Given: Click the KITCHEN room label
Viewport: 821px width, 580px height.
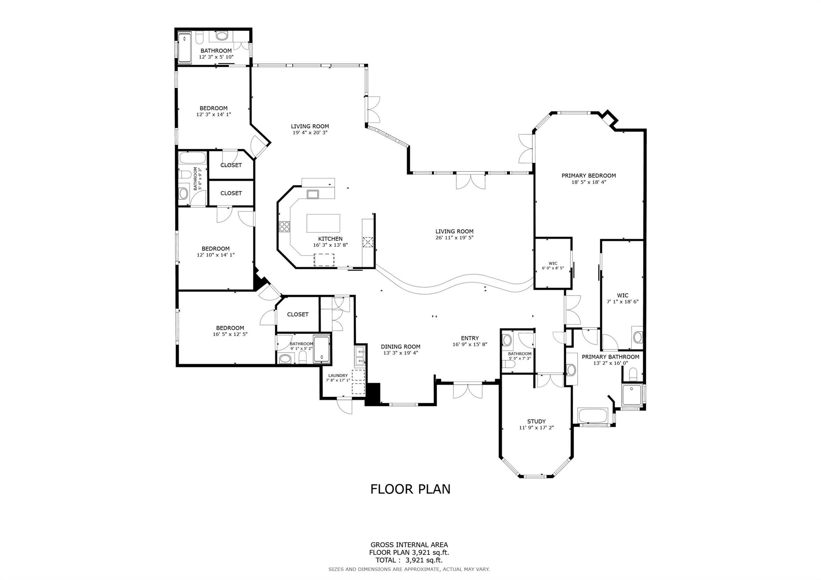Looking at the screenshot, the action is pyautogui.click(x=330, y=239).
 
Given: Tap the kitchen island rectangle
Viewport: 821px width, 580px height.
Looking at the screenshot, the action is pyautogui.click(x=323, y=223).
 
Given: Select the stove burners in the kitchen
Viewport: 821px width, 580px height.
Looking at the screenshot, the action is pyautogui.click(x=285, y=226).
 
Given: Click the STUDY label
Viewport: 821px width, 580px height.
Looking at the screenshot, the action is pyautogui.click(x=536, y=421).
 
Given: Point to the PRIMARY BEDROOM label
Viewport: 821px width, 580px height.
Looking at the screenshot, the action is pyautogui.click(x=588, y=176).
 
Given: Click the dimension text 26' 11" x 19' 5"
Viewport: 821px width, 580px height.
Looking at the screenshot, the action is pyautogui.click(x=455, y=238).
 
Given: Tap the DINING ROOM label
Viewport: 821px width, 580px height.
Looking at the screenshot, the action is pyautogui.click(x=400, y=347).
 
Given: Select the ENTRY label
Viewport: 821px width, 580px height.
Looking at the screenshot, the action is pyautogui.click(x=470, y=338).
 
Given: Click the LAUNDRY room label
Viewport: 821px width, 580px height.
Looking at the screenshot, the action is pyautogui.click(x=338, y=376).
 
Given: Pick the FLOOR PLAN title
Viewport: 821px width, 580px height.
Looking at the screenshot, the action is pyautogui.click(x=410, y=489).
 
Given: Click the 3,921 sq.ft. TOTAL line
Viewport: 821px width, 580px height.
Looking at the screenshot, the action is pyautogui.click(x=409, y=560).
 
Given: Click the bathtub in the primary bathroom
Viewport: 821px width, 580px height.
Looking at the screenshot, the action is pyautogui.click(x=593, y=416).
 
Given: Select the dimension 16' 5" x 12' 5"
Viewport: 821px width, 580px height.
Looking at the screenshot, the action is pyautogui.click(x=230, y=334).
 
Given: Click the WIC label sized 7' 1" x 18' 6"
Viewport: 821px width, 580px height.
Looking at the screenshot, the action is pyautogui.click(x=623, y=295).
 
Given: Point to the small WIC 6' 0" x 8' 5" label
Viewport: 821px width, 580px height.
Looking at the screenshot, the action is pyautogui.click(x=553, y=263).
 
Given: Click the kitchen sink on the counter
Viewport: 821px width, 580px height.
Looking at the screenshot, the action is pyautogui.click(x=313, y=194).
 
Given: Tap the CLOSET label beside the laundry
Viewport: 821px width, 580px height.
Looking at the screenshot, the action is pyautogui.click(x=298, y=315).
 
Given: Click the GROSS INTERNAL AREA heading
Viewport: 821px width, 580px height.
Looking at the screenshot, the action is pyautogui.click(x=409, y=545).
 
